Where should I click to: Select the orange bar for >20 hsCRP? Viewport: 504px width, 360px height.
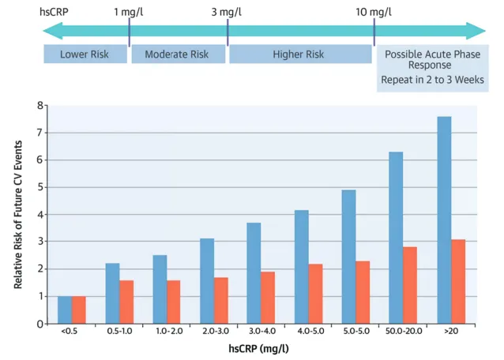(x=457, y=281)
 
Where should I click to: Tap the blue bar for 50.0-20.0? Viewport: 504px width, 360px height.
(x=397, y=237)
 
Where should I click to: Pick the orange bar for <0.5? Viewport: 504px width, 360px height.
(x=79, y=309)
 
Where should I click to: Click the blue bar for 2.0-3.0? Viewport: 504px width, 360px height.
(x=207, y=280)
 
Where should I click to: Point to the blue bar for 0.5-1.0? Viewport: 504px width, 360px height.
(x=112, y=293)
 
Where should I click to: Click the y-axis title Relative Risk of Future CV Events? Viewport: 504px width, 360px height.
(x=17, y=214)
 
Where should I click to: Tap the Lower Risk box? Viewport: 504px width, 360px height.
(x=85, y=54)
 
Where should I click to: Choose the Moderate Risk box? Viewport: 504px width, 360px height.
(x=179, y=54)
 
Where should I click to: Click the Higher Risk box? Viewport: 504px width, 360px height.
(x=299, y=54)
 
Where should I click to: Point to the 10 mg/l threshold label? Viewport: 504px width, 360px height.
(x=374, y=12)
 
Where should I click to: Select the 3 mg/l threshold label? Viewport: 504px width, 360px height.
(x=228, y=12)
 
